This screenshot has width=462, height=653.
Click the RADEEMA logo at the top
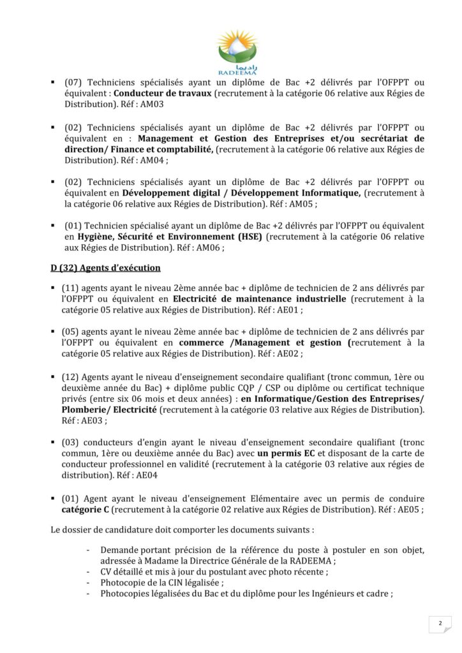click(237, 50)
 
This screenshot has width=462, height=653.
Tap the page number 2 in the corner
click(440, 623)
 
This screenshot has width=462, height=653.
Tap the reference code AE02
click(288, 353)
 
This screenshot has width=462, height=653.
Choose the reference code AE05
click(408, 510)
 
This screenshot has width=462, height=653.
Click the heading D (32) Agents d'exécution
click(106, 268)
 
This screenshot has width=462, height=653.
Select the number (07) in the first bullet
click(72, 82)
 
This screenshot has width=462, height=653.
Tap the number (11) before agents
click(71, 288)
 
